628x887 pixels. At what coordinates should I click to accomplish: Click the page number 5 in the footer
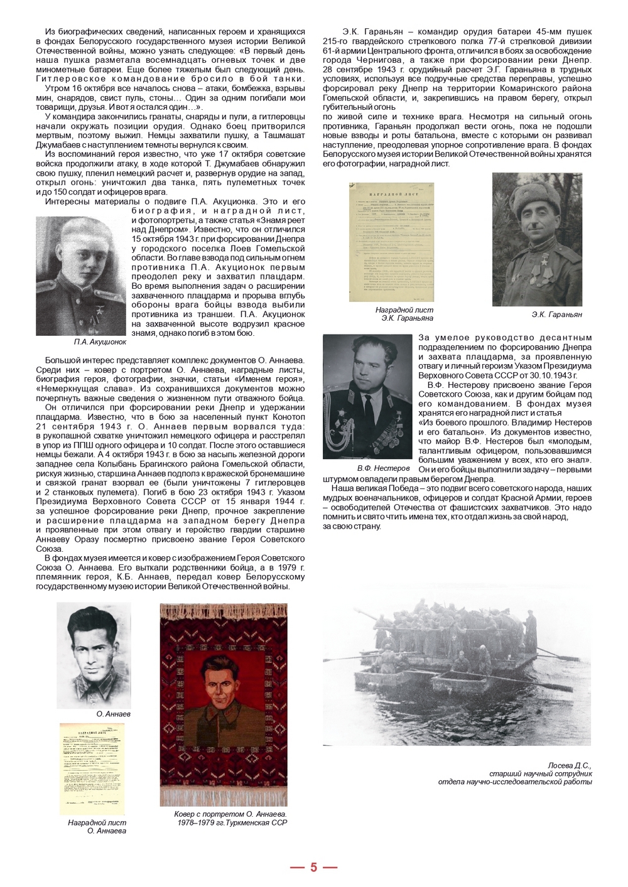pyautogui.click(x=313, y=868)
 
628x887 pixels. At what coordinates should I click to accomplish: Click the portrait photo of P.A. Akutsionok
pyautogui.click(x=81, y=276)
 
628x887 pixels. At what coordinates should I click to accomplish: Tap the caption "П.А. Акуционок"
pyautogui.click(x=99, y=342)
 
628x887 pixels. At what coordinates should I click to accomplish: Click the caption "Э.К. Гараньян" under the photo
pyautogui.click(x=556, y=314)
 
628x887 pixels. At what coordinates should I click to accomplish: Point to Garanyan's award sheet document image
pyautogui.click(x=391, y=242)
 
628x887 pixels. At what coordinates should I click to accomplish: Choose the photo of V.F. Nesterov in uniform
pyautogui.click(x=367, y=396)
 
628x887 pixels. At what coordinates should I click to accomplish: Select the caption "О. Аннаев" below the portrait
pyautogui.click(x=114, y=714)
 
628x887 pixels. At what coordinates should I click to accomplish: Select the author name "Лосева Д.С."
pyautogui.click(x=569, y=765)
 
